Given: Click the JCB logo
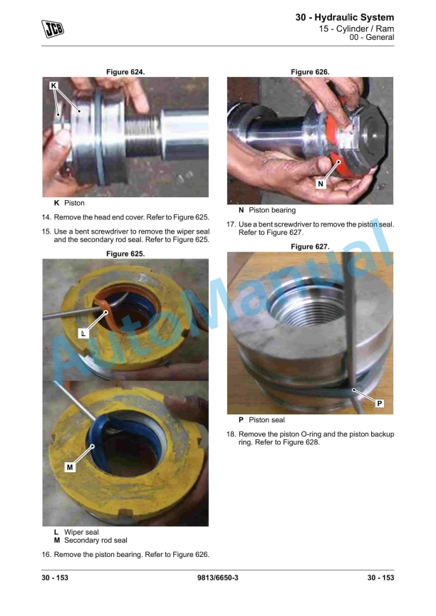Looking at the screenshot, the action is (53, 28).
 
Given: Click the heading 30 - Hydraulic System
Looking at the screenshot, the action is (344, 17).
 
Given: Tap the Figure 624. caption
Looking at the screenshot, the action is (125, 72).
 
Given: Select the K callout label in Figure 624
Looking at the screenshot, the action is (54, 85).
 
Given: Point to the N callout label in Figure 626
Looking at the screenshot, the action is (321, 184).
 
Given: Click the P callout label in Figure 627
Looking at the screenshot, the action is (380, 404).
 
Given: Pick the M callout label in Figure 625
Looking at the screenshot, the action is (70, 467).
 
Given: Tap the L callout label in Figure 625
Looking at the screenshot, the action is (83, 333).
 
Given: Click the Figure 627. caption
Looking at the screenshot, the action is (310, 246).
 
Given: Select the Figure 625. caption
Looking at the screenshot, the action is (125, 254).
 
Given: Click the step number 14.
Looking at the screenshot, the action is (46, 217).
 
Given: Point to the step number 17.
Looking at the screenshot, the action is (231, 224).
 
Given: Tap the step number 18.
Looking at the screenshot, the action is (231, 434).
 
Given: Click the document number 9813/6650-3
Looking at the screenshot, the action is (218, 578).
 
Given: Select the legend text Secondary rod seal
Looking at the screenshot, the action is (96, 541).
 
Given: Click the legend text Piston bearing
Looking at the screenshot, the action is (272, 210).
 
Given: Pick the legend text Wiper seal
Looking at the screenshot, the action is (81, 532).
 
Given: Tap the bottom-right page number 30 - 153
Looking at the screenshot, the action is (380, 578).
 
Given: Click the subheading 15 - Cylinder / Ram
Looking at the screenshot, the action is (356, 28).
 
